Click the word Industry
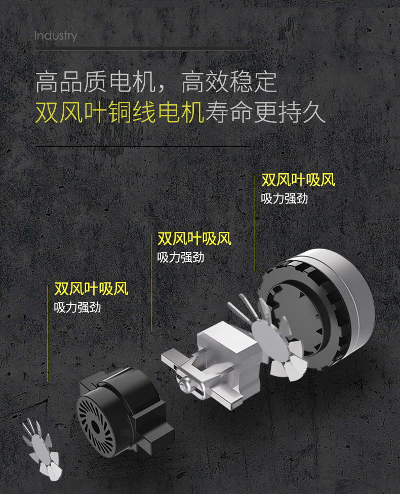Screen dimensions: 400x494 point(56,36)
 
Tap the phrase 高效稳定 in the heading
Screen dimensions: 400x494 point(229,82)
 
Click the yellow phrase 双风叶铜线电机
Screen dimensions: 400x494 point(119,112)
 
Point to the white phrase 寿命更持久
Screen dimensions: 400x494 point(265,112)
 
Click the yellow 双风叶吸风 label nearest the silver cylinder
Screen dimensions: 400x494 point(298,180)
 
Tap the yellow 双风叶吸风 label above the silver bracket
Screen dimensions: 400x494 point(194,238)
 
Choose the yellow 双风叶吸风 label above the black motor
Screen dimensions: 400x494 point(91,289)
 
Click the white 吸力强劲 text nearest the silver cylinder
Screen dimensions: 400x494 point(284,198)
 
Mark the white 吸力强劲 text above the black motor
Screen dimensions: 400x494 point(77,307)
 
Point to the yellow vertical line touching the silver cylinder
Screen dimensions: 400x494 point(255,224)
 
